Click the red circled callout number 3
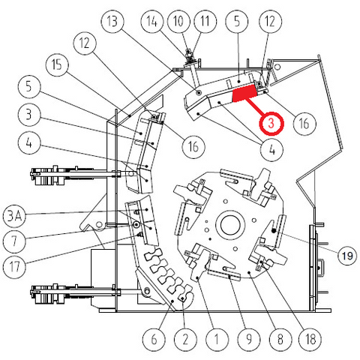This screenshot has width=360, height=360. pos(271,123)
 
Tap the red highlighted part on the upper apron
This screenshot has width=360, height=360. pos(244,94)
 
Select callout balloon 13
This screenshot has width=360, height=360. pos(112,22)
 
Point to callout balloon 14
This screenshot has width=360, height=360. pos(152,21)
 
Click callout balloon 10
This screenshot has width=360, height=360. pos(178,21)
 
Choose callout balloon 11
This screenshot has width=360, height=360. pos(205,21)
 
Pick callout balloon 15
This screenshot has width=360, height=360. pos(57,65)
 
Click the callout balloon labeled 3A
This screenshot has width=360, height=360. pos(14,216)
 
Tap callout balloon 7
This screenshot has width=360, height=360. pos(14,241)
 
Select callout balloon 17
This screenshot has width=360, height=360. pos(14,267)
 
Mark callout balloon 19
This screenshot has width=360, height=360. pos(347,256)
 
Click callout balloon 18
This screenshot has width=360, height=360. pos(310,339)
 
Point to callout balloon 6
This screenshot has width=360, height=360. pos(154,339)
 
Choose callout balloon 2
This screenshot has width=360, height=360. pos(185,339)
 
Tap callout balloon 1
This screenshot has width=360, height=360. pos(217,339)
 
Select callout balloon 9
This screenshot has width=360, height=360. pos(249,339)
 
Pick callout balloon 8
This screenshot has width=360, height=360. pos(280,339)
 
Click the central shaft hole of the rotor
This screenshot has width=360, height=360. pos(230,224)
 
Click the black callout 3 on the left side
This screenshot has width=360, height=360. pos(29,115)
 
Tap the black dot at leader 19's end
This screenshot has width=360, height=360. pos(274,231)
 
